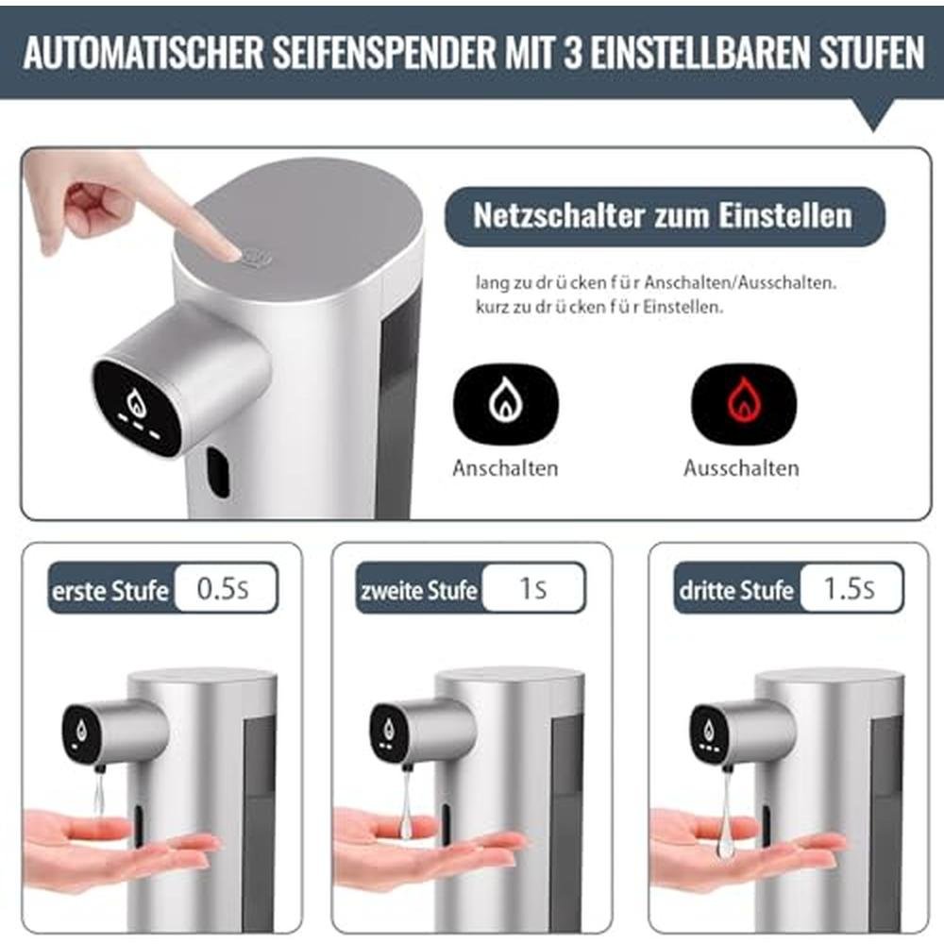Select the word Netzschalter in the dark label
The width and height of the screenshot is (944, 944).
click(x=559, y=215)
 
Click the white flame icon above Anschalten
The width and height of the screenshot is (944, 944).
click(x=506, y=402)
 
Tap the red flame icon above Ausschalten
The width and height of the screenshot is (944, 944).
click(x=744, y=401)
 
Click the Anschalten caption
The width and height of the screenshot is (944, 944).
click(x=505, y=468)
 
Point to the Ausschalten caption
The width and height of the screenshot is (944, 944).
click(x=741, y=468)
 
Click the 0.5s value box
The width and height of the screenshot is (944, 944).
click(x=226, y=587)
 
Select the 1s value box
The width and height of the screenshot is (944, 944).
click(x=533, y=587)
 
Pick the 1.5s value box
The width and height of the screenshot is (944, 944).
click(x=851, y=587)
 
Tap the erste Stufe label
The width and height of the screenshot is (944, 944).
click(x=110, y=591)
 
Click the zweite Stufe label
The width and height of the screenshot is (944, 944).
click(x=419, y=591)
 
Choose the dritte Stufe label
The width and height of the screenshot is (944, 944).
click(x=736, y=591)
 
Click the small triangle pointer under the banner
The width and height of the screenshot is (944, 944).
click(x=873, y=115)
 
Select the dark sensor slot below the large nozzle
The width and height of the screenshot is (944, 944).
click(x=219, y=473)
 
